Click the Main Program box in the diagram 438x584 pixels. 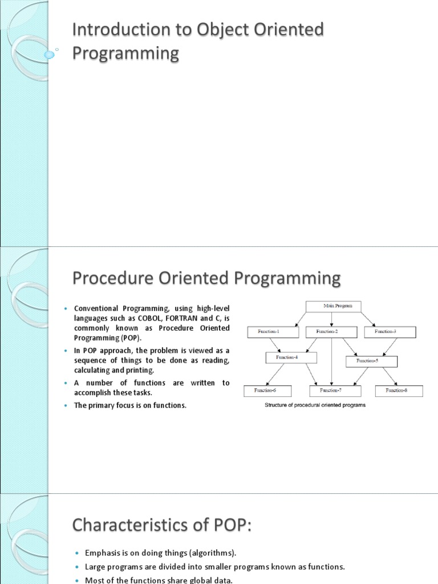(334, 306)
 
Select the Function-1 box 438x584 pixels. (270, 331)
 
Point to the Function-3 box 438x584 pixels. (390, 331)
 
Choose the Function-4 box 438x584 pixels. (291, 358)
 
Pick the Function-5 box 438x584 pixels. (371, 361)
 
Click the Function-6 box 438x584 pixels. (267, 391)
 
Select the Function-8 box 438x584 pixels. (399, 391)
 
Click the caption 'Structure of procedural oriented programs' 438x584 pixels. (314, 405)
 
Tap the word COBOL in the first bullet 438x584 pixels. (151, 318)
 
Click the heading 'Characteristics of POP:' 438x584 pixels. (162, 524)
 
